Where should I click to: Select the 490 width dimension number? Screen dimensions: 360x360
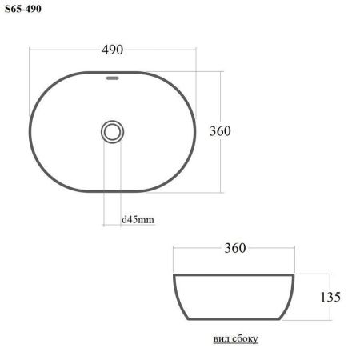click(x=112, y=50)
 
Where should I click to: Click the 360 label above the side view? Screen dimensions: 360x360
click(x=234, y=249)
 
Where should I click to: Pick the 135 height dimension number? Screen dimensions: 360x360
click(x=331, y=297)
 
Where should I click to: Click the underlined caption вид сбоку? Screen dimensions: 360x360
click(x=235, y=338)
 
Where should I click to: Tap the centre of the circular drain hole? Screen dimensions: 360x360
click(x=113, y=131)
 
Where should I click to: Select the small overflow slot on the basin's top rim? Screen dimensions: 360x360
click(x=113, y=78)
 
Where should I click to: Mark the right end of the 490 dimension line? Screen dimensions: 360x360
click(x=196, y=50)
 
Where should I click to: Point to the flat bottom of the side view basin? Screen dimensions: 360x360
click(x=235, y=319)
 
